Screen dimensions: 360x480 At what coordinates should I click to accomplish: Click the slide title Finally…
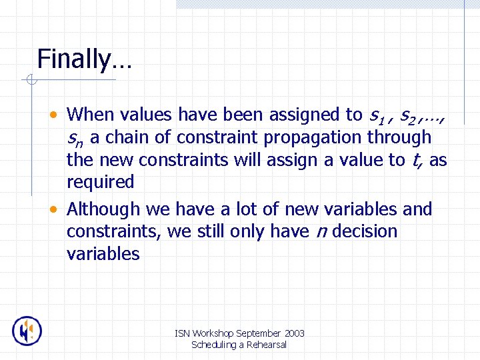(x=84, y=59)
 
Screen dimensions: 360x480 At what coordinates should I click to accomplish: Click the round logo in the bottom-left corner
(x=27, y=331)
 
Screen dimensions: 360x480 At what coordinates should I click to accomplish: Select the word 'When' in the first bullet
(x=90, y=115)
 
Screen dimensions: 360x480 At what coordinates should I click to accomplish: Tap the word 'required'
(x=100, y=182)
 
